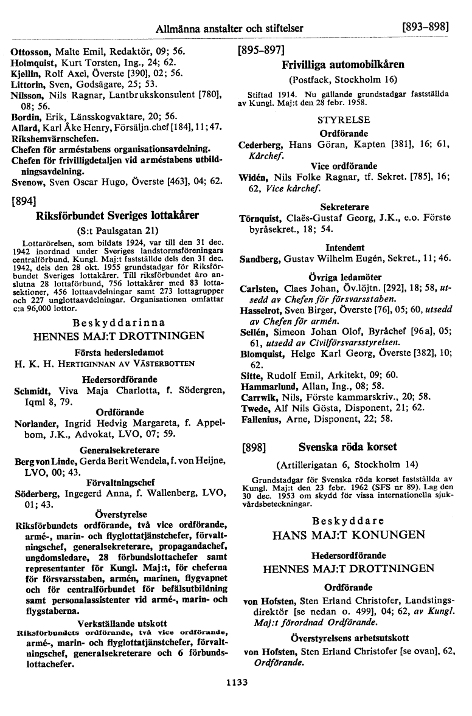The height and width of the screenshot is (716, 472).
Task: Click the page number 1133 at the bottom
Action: [235, 683]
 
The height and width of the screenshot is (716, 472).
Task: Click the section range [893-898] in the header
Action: [425, 28]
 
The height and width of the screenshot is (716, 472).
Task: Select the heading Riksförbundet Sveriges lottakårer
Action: [119, 215]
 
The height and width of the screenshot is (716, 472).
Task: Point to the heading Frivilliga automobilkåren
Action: [343, 64]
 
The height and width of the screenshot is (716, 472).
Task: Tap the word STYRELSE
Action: [344, 117]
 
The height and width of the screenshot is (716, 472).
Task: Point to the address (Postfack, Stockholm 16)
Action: [343, 79]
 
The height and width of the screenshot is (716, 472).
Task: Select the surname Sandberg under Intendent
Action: [262, 259]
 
